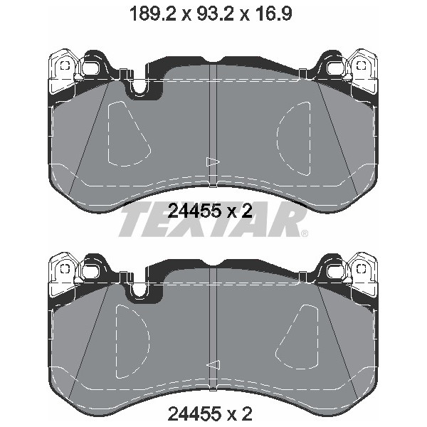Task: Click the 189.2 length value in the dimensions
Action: pyautogui.click(x=153, y=14)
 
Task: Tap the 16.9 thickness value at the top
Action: pyautogui.click(x=273, y=14)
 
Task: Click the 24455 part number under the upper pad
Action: pyautogui.click(x=194, y=211)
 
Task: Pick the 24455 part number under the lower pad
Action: pyautogui.click(x=194, y=414)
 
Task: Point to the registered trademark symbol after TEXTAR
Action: pyautogui.click(x=305, y=233)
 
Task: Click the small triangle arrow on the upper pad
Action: pyautogui.click(x=213, y=162)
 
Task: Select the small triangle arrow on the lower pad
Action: pyautogui.click(x=213, y=365)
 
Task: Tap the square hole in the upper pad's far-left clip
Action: pyautogui.click(x=65, y=65)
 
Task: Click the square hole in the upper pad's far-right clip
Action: pyautogui.click(x=361, y=65)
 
